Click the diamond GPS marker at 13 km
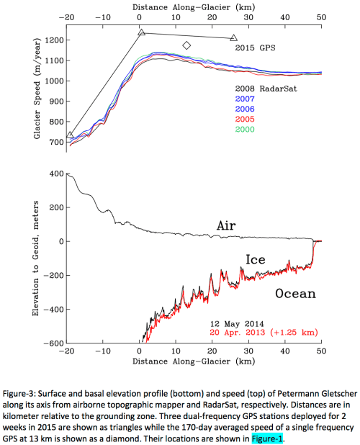(186, 45)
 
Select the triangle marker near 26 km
(233, 37)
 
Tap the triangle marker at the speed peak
(142, 32)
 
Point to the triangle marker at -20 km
(69, 135)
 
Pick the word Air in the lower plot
(226, 225)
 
